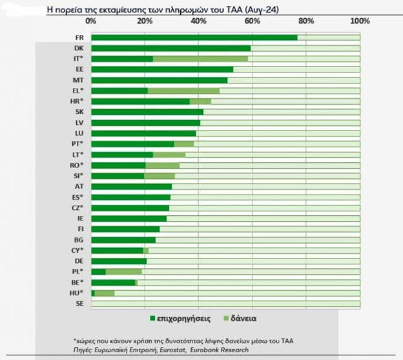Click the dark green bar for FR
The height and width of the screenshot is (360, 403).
point(194,37)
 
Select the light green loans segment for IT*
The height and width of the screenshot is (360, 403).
point(200,59)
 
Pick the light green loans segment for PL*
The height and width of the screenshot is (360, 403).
point(123,271)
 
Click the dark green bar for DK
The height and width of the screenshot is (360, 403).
point(170,48)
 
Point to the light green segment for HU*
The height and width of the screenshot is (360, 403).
point(105,293)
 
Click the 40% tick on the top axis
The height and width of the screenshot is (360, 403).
point(198,21)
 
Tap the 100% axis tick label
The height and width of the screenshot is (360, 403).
point(359,21)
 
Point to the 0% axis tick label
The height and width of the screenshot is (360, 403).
point(91,21)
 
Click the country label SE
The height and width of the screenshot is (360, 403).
point(79,303)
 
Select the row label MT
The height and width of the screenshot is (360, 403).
point(79,79)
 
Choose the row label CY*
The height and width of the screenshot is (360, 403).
point(78,250)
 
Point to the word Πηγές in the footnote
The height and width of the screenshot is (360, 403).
point(85,350)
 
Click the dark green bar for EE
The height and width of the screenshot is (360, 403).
point(161,69)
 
